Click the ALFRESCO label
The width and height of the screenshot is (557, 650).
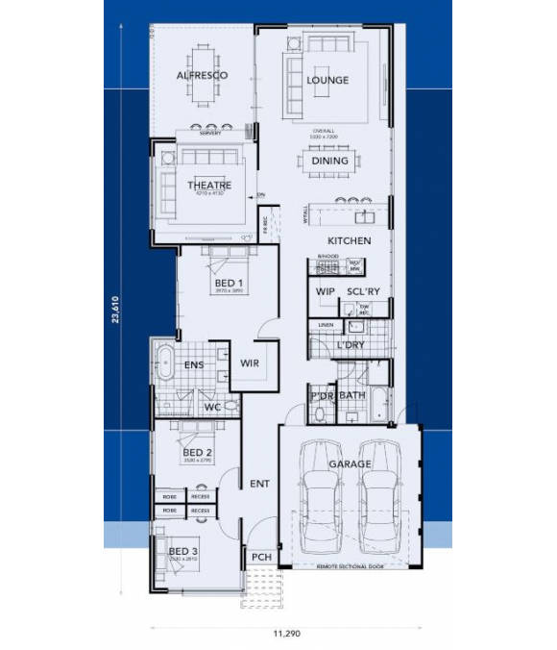[x=202, y=75]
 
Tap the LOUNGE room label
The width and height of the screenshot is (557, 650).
[x=327, y=80]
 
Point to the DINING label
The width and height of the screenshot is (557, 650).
[x=330, y=162]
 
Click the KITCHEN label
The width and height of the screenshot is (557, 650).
[x=349, y=240]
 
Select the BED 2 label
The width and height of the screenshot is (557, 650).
[x=197, y=452]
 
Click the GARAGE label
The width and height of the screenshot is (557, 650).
[x=351, y=464]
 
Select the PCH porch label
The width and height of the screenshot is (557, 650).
[x=259, y=557]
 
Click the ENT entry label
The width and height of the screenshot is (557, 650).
[x=258, y=484]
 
